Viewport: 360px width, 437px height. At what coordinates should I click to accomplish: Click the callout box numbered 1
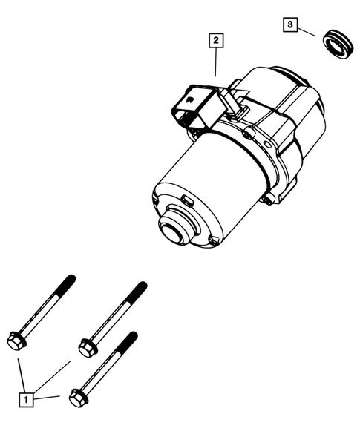pyautogui.click(x=27, y=400)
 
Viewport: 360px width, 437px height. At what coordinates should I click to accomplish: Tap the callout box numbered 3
pyautogui.click(x=289, y=26)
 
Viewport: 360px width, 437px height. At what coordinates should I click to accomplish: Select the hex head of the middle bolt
pyautogui.click(x=86, y=345)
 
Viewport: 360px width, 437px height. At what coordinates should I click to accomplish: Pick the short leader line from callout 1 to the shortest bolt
pyautogui.click(x=48, y=398)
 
